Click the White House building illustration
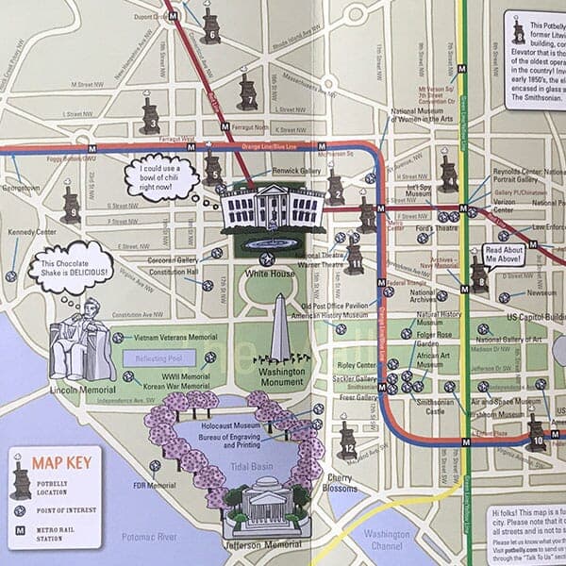tap(272, 206)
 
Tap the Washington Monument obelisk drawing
tap(280, 330)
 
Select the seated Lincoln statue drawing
tap(79, 341)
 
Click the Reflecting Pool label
tap(158, 358)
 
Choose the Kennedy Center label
tap(33, 231)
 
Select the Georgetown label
tap(21, 188)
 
